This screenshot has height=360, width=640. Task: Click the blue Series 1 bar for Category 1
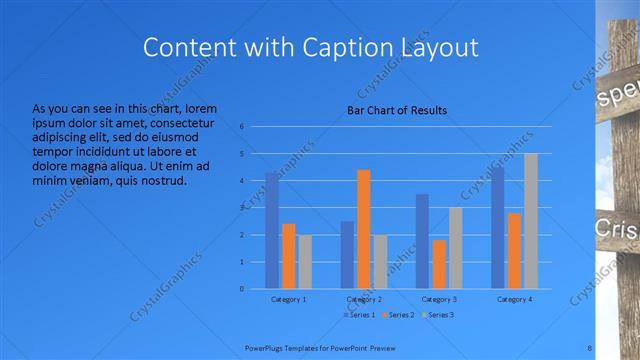pos(272,230)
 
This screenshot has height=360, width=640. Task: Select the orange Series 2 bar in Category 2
pos(363,229)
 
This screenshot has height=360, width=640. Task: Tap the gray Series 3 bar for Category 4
pos(531,221)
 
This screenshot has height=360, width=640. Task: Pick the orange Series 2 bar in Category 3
pos(439,264)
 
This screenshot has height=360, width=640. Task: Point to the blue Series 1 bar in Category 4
pos(498,228)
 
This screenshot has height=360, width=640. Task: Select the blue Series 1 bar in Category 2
pos(347,255)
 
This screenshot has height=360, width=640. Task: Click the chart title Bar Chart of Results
pos(397,110)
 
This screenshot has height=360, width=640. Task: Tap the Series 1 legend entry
pos(359,315)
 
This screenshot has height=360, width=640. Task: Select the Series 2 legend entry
pos(397,315)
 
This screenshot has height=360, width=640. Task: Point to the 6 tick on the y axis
pos(241,126)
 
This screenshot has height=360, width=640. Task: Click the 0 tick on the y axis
pos(241,289)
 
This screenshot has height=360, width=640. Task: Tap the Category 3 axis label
pos(439,299)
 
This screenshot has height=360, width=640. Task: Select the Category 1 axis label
pos(289,299)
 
